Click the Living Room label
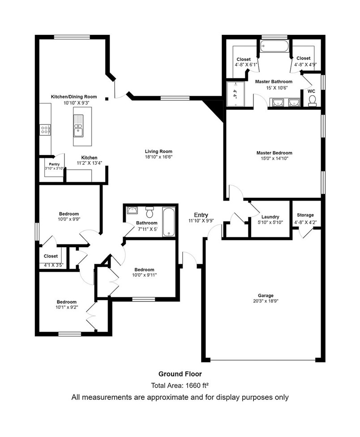158,151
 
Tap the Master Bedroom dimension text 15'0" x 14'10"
274,158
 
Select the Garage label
266,295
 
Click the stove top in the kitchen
45,130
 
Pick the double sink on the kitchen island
78,126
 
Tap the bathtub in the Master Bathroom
274,46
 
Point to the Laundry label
270,216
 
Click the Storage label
304,215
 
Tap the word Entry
201,215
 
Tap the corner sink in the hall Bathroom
131,210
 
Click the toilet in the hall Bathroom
150,210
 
